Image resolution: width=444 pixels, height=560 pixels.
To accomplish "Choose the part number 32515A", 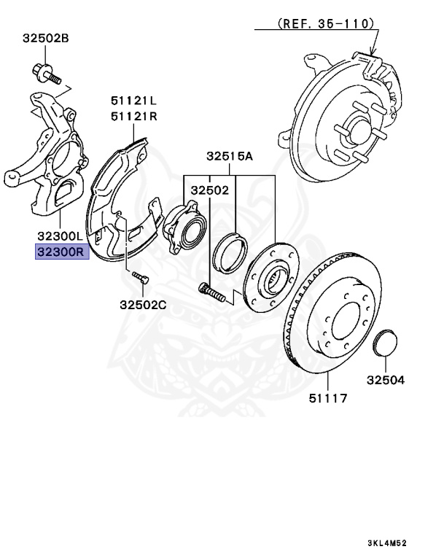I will coord(229,155).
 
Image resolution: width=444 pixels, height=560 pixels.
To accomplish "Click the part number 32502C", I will coord(143,304).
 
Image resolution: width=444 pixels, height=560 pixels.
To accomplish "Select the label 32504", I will coord(386,380).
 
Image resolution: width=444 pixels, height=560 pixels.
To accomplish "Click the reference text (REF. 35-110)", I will coord(327,23).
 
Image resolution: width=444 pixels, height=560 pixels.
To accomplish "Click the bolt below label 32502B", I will coord(44,73).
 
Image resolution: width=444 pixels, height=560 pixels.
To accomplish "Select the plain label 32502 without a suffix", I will coord(210,190).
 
